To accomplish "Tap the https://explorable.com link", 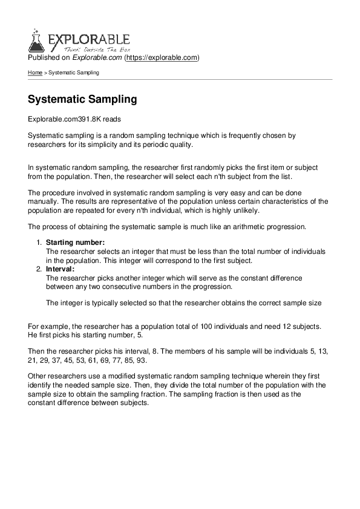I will pyautogui.click(x=162, y=58).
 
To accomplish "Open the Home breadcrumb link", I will pyautogui.click(x=35, y=73).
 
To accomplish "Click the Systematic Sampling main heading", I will pyautogui.click(x=83, y=99).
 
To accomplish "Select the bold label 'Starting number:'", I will pyautogui.click(x=76, y=242).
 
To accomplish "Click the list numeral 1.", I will pyautogui.click(x=39, y=242).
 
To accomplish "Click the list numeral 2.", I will pyautogui.click(x=39, y=269).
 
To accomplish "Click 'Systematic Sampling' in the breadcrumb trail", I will pyautogui.click(x=74, y=73).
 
